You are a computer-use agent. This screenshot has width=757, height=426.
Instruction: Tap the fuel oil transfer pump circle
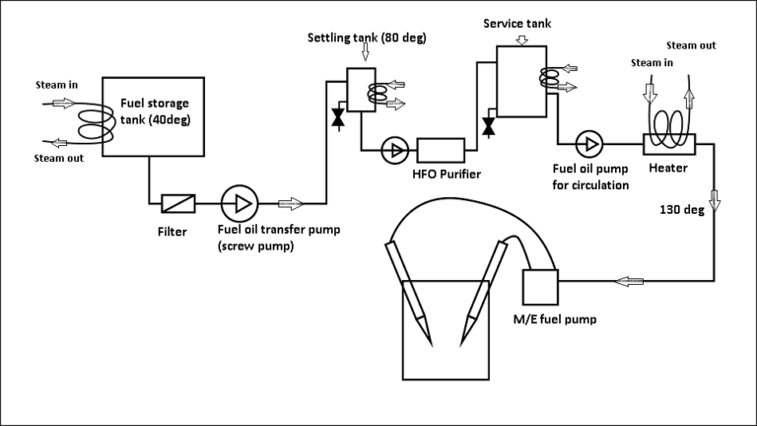coord(239,202)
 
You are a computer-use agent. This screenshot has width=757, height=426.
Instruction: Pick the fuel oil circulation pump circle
coord(590,145)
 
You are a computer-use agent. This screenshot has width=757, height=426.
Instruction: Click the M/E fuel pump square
coord(538,286)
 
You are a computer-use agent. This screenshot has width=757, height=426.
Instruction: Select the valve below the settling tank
coord(339,119)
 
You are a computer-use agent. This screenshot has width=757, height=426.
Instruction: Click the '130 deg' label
coord(681,210)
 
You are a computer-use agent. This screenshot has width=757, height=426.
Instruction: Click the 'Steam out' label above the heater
coord(691,45)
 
